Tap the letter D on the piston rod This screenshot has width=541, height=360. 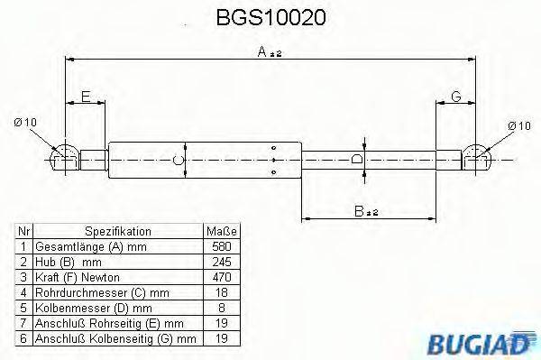coord(357,159)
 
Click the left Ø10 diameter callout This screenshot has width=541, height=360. coord(26,123)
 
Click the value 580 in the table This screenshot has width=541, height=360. coord(221,245)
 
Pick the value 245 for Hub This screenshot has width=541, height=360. coord(221,261)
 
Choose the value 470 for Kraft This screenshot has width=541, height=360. coord(221,276)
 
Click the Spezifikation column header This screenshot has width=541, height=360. coord(118,231)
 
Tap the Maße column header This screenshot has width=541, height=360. coord(221,231)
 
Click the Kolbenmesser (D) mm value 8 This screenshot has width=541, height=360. coord(221,307)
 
